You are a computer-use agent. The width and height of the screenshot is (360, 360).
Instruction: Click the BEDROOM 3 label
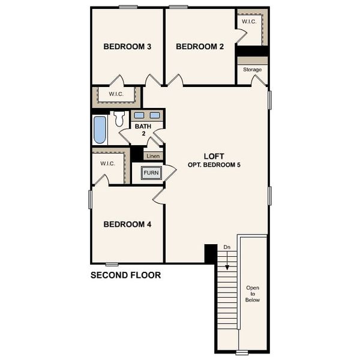(127, 46)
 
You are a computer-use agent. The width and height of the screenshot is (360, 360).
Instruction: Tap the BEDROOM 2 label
(200, 46)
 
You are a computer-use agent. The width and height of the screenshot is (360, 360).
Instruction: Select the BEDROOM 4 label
(127, 224)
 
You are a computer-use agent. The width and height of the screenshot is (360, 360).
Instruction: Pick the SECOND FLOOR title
(125, 276)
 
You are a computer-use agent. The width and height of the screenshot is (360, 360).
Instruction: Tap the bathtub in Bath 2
(100, 130)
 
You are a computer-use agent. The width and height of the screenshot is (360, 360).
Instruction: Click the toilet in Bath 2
(119, 118)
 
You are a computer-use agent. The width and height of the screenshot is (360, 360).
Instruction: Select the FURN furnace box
(151, 173)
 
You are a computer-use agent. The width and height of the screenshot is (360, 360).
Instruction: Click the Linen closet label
(154, 156)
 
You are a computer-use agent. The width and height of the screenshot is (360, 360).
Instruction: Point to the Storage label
(252, 70)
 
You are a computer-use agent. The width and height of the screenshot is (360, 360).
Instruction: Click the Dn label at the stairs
(227, 247)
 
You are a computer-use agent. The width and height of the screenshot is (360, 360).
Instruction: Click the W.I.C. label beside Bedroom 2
(249, 22)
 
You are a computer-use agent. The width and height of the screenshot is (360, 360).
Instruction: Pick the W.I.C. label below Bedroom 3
(116, 94)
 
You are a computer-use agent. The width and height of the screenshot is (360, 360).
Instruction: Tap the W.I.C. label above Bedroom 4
(107, 163)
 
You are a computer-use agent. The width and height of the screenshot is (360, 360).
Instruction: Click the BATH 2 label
(143, 130)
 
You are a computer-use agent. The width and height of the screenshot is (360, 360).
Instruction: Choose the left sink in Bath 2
(139, 115)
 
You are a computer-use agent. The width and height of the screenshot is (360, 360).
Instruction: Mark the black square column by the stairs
(211, 253)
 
